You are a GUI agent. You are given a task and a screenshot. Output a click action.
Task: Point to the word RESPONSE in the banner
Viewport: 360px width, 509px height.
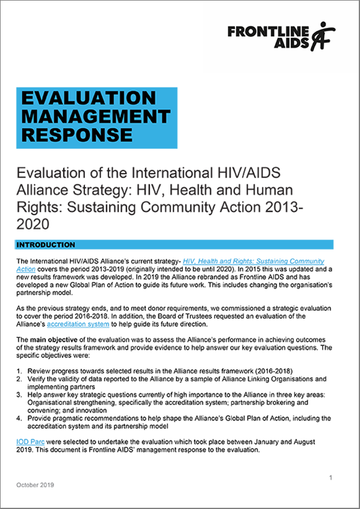(x=76, y=134)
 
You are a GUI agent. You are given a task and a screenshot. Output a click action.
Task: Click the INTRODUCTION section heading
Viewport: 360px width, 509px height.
(x=46, y=245)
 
